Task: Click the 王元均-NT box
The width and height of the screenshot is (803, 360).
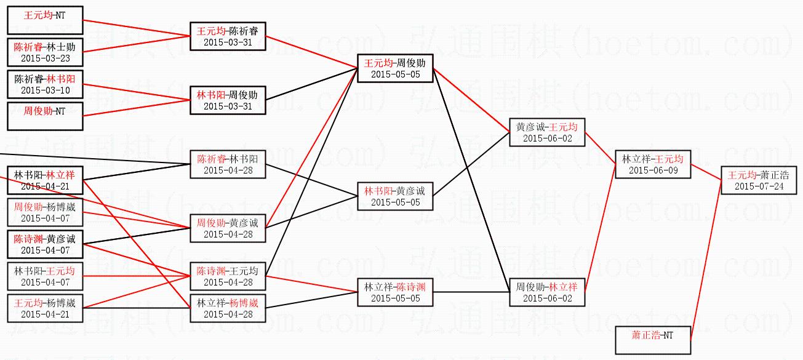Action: (45, 20)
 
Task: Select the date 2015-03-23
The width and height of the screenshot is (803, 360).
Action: (45, 58)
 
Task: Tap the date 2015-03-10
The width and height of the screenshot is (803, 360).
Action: (45, 90)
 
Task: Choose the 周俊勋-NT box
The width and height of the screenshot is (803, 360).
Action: (45, 116)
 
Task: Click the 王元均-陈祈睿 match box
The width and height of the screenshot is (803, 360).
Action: (228, 36)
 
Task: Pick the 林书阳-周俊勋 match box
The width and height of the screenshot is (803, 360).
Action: (228, 100)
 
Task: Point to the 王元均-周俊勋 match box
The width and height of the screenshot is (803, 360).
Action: (395, 68)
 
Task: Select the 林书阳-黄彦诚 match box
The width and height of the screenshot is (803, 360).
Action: (395, 196)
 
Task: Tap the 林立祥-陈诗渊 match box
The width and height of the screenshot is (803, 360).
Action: (395, 292)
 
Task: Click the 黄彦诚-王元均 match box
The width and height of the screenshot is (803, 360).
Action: (547, 132)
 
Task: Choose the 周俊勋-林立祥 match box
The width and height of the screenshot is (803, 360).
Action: (547, 292)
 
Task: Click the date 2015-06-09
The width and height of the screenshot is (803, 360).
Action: (653, 170)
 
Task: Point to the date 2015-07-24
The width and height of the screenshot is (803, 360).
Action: (759, 186)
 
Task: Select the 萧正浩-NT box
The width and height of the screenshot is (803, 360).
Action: (653, 340)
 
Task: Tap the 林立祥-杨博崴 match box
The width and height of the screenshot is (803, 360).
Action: (228, 308)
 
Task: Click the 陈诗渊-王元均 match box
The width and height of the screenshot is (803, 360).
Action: (228, 276)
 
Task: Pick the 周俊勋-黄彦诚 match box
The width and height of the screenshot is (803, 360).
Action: (228, 228)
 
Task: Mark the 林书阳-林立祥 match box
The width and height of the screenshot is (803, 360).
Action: (45, 180)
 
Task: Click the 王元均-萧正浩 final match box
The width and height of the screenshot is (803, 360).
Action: (759, 180)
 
